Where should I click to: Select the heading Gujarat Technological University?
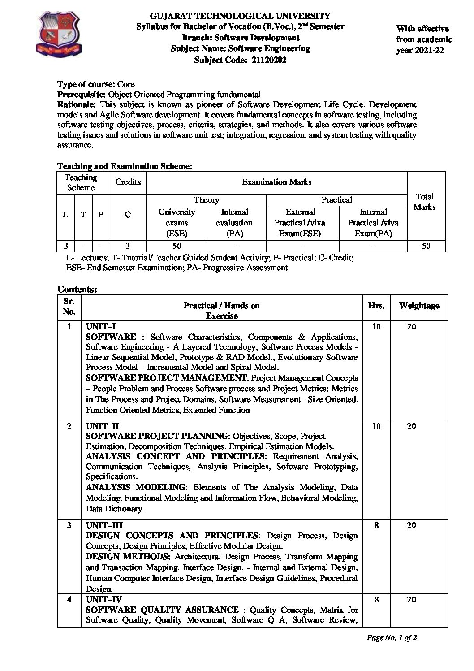coord(240,16)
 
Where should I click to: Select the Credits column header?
coord(128,182)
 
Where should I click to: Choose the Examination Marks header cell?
coord(276,182)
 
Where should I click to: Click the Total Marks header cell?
coord(424,202)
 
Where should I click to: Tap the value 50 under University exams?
coord(177,246)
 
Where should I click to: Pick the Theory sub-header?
coord(207,200)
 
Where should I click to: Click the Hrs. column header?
coord(376,306)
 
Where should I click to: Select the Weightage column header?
coord(419,306)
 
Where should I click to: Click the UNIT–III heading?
coord(104,525)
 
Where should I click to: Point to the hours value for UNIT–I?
coord(376,327)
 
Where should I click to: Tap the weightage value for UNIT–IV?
coord(411,600)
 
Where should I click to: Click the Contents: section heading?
coord(77,289)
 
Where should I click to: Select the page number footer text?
coord(392,637)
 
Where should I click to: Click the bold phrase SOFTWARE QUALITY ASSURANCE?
coord(162,610)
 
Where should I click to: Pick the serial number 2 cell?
coord(69,426)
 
